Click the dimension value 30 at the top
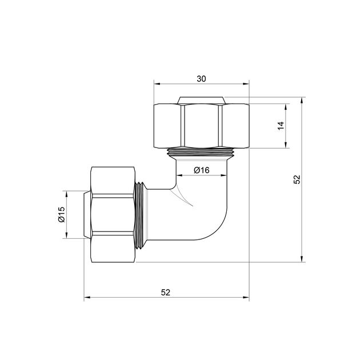click(201, 79)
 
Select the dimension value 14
click(281, 126)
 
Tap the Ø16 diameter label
click(202, 170)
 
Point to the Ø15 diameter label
click(62, 214)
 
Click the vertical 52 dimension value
click(297, 179)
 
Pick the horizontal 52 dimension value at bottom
click(166, 293)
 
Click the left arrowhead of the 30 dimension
click(157, 84)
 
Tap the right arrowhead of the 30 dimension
click(246, 84)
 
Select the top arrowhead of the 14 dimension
click(286, 107)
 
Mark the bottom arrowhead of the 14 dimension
click(286, 145)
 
